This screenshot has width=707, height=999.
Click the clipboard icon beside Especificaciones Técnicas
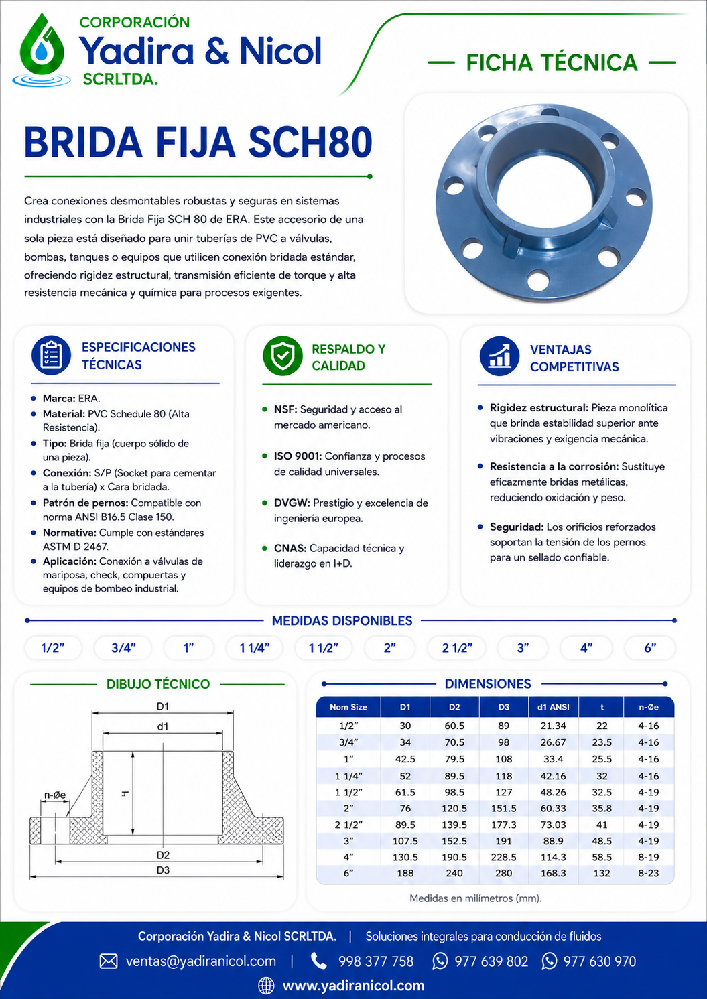point(51,355)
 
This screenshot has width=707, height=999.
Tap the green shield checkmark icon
point(282,356)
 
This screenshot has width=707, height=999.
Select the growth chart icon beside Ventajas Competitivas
point(499,356)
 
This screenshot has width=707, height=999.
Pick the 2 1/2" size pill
point(457,647)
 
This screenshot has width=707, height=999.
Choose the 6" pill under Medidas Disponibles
point(650,647)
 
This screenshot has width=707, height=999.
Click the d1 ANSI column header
point(553,707)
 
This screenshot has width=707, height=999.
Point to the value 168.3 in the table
point(553,873)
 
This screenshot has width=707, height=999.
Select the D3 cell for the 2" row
point(503,808)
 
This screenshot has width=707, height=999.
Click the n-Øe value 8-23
point(648,873)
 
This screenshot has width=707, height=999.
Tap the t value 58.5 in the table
point(602,857)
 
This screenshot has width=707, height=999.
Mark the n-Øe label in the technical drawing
point(55,794)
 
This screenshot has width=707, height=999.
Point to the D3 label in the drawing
point(163,870)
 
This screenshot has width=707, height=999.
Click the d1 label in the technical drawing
point(163,726)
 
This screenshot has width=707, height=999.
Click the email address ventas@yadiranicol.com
point(201,961)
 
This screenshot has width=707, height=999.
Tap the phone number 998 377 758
point(375,961)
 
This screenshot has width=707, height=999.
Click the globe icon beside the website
point(266,985)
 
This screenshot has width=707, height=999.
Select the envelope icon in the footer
point(109,961)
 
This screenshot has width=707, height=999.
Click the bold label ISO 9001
point(298,456)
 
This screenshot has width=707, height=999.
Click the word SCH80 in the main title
point(310,142)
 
